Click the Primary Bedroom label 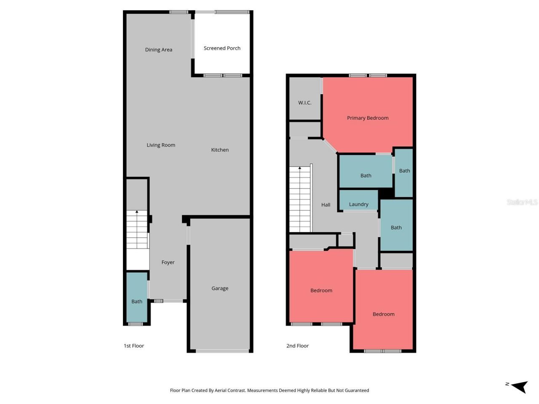pyautogui.click(x=368, y=118)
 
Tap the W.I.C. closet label pyautogui.click(x=304, y=103)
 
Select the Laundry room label pyautogui.click(x=358, y=204)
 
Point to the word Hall pyautogui.click(x=326, y=205)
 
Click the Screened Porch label pyautogui.click(x=222, y=48)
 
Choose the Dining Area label pyautogui.click(x=158, y=50)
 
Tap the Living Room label pyautogui.click(x=161, y=145)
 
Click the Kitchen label pyautogui.click(x=220, y=150)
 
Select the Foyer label pyautogui.click(x=168, y=262)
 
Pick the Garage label pyautogui.click(x=220, y=288)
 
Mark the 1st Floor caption pyautogui.click(x=134, y=346)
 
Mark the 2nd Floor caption pyautogui.click(x=297, y=346)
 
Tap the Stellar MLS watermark pyautogui.click(x=522, y=202)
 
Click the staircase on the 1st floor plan pyautogui.click(x=137, y=229)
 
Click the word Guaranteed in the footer pyautogui.click(x=355, y=391)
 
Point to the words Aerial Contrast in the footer pyautogui.click(x=230, y=391)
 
